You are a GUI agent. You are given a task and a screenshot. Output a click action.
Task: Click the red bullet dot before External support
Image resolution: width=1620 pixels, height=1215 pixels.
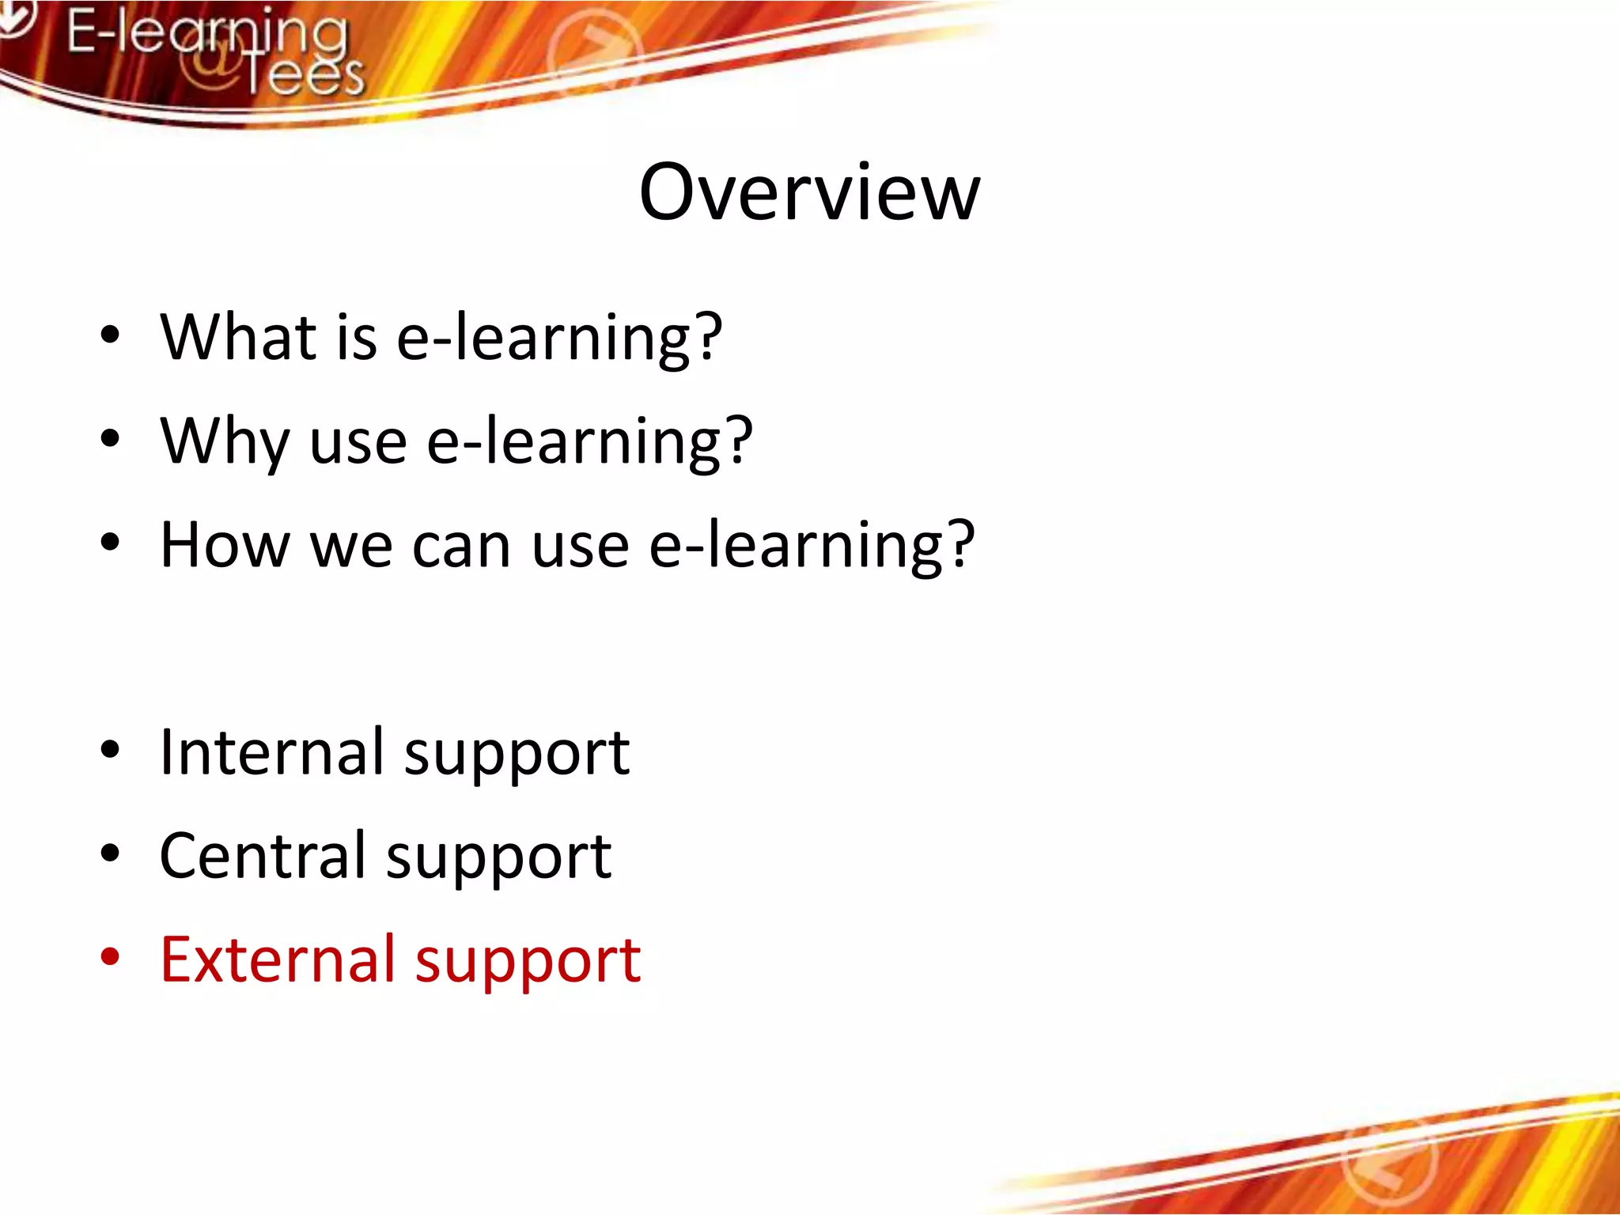(110, 956)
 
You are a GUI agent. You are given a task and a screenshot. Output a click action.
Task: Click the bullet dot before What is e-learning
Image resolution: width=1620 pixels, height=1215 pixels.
(110, 335)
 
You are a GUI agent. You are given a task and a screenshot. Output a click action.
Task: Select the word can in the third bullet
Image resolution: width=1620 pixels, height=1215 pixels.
(460, 547)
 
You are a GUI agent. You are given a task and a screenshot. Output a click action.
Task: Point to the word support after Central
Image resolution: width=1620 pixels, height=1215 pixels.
(498, 857)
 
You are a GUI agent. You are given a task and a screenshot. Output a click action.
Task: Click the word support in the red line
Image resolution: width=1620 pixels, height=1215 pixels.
(528, 961)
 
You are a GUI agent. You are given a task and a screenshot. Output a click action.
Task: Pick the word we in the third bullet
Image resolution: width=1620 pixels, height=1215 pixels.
(351, 547)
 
